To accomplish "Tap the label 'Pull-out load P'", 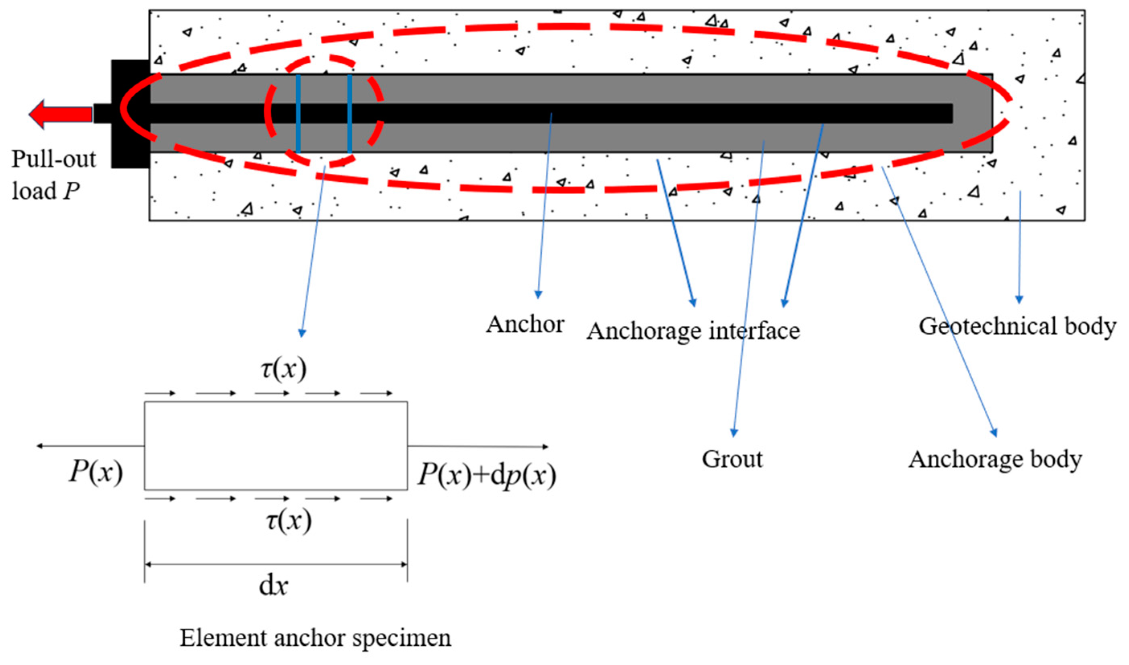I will [53, 175].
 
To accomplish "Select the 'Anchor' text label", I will [525, 324].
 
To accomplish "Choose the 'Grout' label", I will [732, 459].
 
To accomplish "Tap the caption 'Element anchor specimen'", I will [316, 638].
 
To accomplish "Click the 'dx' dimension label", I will [273, 586].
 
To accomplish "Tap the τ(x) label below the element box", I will [289, 521].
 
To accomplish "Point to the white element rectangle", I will [276, 446].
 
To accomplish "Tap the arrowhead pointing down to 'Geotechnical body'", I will [1019, 300].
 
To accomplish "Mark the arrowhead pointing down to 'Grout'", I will [734, 433].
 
